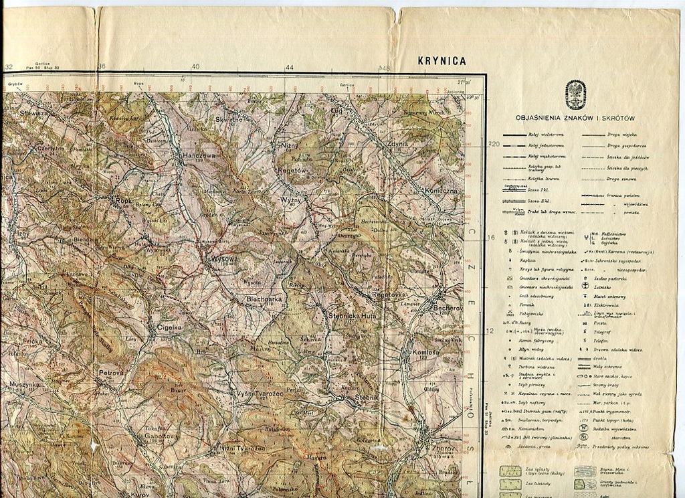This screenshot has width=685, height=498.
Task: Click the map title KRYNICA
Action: [442, 60]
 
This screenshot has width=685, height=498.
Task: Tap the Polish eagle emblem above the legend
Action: [575, 94]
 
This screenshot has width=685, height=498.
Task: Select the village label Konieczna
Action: [439, 191]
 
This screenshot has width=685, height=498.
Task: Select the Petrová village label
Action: [112, 372]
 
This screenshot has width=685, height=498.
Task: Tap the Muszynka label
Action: [24, 385]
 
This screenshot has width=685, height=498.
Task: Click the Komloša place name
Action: [420, 352]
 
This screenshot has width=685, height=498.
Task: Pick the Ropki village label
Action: [124, 199]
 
